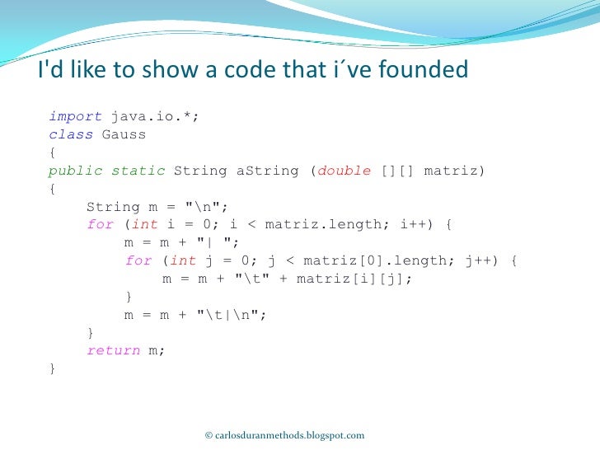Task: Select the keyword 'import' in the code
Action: click(x=75, y=117)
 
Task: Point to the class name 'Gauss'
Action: click(x=124, y=134)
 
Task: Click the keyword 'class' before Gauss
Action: click(x=71, y=134)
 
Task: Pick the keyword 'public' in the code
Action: click(x=75, y=171)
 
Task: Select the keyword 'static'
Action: click(x=138, y=171)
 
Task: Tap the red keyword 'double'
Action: click(x=345, y=171)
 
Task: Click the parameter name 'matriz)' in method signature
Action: click(x=454, y=171)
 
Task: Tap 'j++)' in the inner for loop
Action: click(x=480, y=260)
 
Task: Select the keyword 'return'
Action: click(x=114, y=350)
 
